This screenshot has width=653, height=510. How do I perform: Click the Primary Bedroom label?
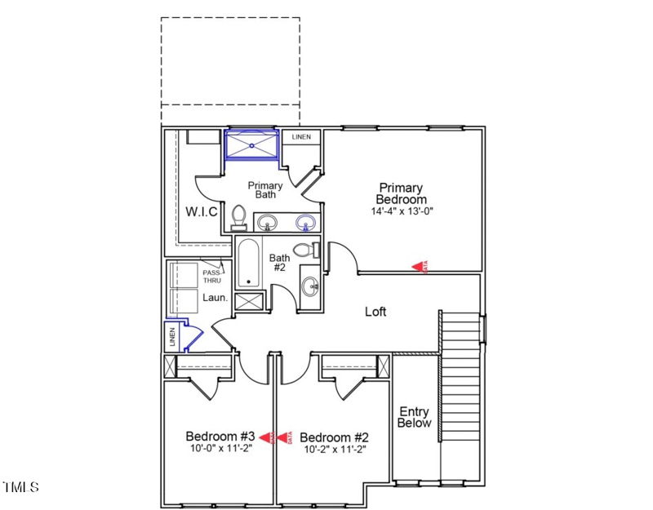tap(401, 193)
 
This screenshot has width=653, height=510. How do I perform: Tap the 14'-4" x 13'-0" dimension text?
tap(401, 211)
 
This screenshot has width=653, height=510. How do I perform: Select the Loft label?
tap(375, 312)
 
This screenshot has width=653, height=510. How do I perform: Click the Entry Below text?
tap(414, 417)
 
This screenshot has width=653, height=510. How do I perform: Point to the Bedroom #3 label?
tap(220, 436)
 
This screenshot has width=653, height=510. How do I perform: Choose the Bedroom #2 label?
tap(335, 436)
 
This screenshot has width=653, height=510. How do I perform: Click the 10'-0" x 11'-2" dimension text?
tap(220, 449)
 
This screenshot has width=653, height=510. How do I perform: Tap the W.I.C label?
tap(201, 212)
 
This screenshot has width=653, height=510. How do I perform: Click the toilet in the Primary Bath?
tap(239, 216)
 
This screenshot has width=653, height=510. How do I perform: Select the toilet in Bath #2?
tap(304, 251)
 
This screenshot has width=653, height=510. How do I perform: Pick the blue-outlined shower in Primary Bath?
tap(252, 146)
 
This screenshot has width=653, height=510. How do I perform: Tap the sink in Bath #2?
tap(310, 286)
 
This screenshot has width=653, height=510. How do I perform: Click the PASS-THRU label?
tap(211, 276)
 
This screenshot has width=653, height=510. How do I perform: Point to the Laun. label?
tap(215, 298)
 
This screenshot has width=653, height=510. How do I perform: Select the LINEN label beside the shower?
tap(302, 137)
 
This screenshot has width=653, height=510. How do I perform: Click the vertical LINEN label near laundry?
tap(172, 336)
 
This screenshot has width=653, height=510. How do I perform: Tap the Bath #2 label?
tap(279, 262)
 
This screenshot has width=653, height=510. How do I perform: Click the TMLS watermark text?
tap(20, 488)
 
